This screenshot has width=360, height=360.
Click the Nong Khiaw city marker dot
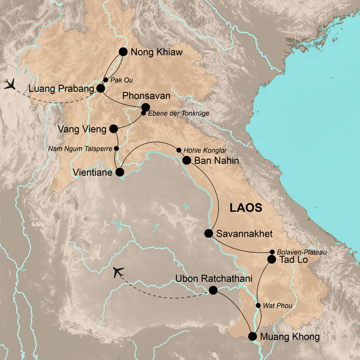[x=124, y=52]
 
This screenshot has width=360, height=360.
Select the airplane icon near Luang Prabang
[x=10, y=83]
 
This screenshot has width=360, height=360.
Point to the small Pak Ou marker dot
[x=106, y=80]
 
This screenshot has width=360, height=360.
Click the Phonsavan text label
[x=146, y=96]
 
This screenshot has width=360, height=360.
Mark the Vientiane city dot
[x=119, y=172]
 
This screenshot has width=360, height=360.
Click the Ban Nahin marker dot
[x=187, y=160]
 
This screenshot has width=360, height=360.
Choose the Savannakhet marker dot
[x=209, y=233]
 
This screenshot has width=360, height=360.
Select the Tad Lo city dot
[x=271, y=260]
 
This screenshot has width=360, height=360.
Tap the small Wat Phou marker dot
[x=258, y=305]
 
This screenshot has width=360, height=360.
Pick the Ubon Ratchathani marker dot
[x=212, y=290]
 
